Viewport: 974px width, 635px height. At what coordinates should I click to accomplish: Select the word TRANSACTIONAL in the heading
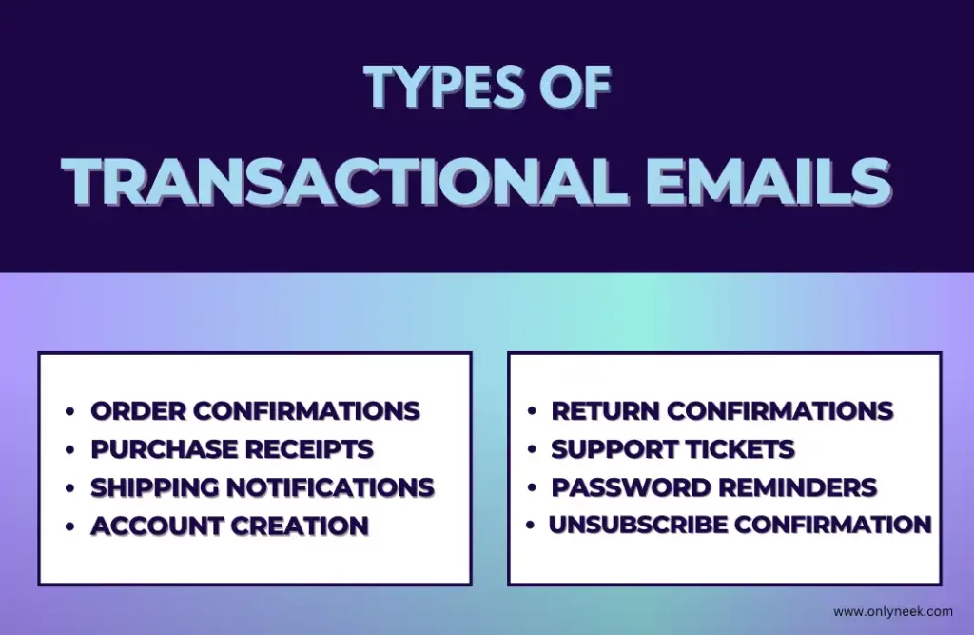click(345, 182)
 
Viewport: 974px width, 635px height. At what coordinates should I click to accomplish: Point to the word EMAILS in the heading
click(769, 182)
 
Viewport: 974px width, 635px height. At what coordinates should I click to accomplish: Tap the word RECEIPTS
click(309, 449)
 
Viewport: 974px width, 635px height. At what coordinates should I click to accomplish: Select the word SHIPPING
click(155, 488)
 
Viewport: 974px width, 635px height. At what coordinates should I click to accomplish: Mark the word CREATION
click(300, 526)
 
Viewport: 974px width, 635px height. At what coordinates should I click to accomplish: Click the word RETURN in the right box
click(605, 411)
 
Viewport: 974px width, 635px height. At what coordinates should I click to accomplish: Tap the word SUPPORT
click(614, 449)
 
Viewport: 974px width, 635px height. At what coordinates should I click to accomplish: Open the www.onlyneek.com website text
click(893, 612)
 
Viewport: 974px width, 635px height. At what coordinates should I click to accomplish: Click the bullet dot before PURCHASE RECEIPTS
click(69, 449)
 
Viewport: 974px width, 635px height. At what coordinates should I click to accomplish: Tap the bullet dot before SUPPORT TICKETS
click(531, 449)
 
